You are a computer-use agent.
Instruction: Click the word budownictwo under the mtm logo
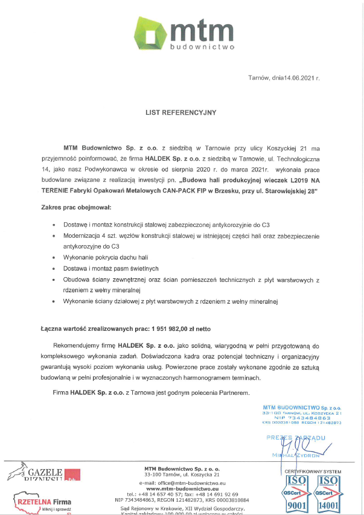point(203,46)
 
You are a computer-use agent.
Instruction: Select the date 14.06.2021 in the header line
point(300,78)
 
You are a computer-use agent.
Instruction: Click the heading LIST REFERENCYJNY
point(180,112)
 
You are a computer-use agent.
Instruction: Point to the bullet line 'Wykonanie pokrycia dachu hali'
point(105,257)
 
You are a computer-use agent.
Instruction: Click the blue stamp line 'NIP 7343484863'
point(302,417)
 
